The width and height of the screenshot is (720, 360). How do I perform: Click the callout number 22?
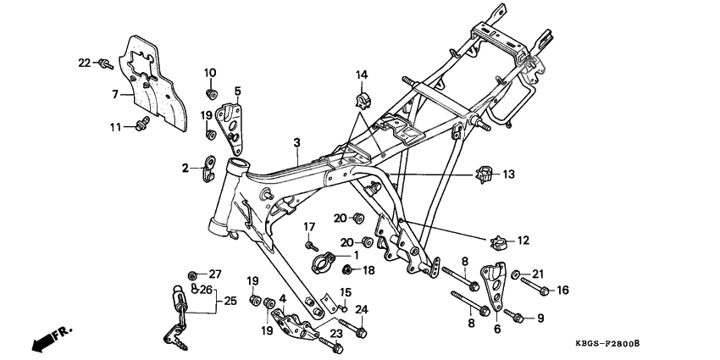[83, 63]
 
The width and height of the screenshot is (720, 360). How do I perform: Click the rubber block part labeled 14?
[362, 100]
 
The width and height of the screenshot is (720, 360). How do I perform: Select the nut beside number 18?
[347, 270]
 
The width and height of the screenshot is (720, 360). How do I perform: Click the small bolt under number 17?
[311, 244]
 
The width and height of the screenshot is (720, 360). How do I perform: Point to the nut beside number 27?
[193, 274]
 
